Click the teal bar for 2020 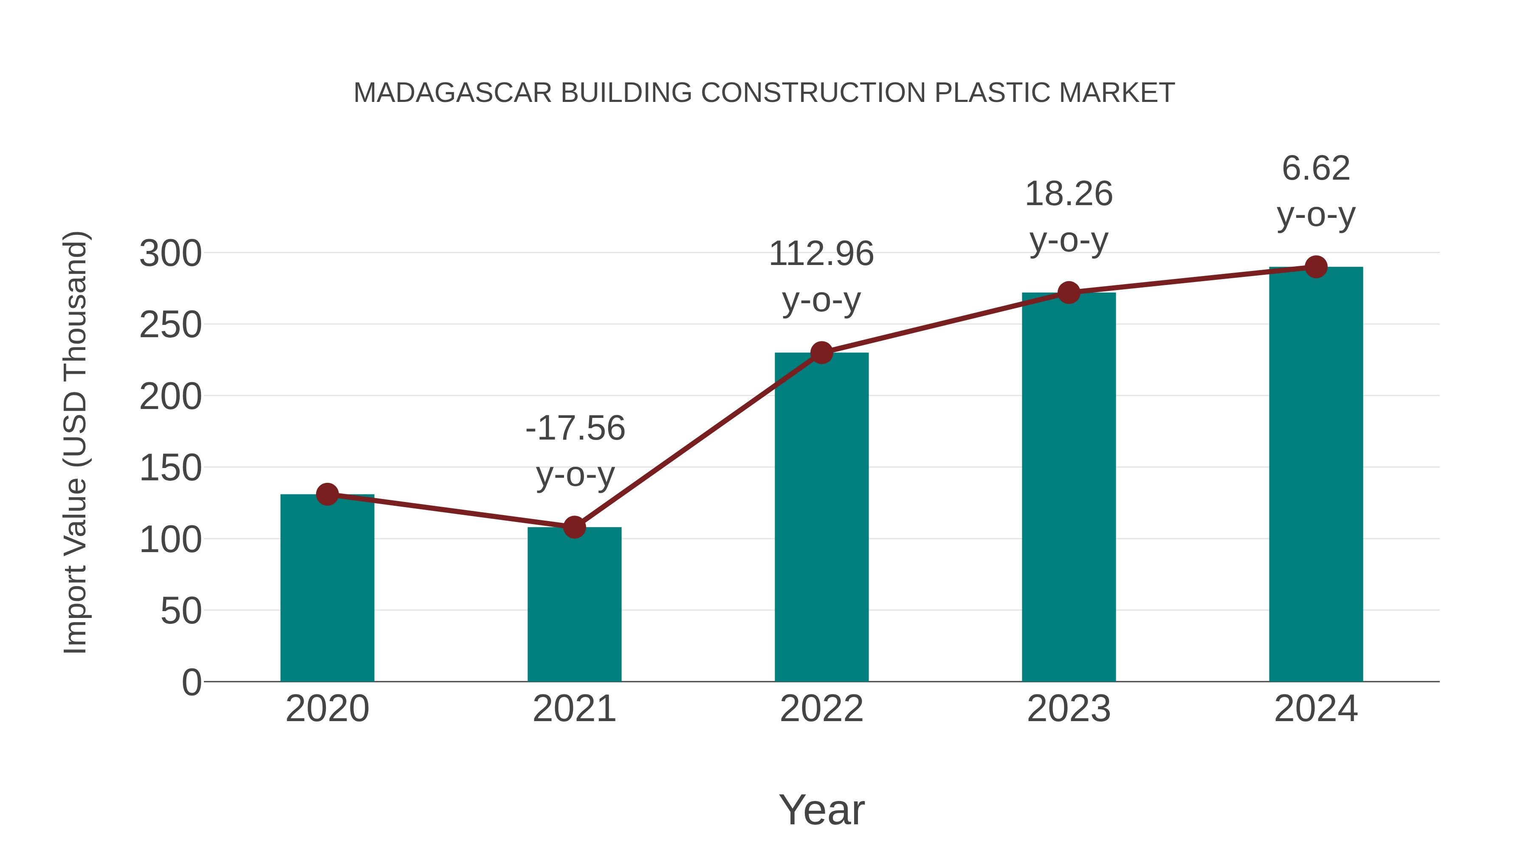pyautogui.click(x=327, y=588)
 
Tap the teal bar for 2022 pyautogui.click(x=821, y=517)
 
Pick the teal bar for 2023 pyautogui.click(x=1069, y=487)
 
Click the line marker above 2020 pyautogui.click(x=327, y=494)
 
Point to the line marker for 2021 pyautogui.click(x=574, y=527)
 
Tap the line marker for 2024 pyautogui.click(x=1316, y=267)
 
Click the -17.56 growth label pyautogui.click(x=575, y=429)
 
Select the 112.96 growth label pyautogui.click(x=821, y=254)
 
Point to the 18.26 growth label pyautogui.click(x=1069, y=194)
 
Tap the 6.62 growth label pyautogui.click(x=1316, y=169)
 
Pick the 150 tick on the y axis pyautogui.click(x=170, y=468)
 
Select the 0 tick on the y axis pyautogui.click(x=191, y=682)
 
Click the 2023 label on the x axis pyautogui.click(x=1069, y=709)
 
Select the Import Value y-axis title pyautogui.click(x=76, y=442)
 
